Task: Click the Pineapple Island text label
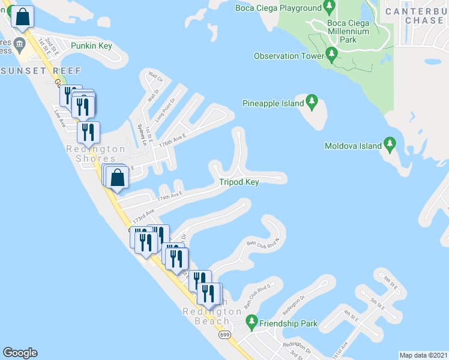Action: tap(273, 104)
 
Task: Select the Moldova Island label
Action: tap(353, 146)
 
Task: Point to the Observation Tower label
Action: tap(285, 56)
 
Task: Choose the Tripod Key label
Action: tap(239, 182)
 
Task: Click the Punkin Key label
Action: tap(92, 46)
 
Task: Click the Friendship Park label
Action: tap(288, 323)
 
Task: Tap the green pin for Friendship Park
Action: tap(252, 322)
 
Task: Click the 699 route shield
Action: tap(224, 334)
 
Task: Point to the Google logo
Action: tap(20, 353)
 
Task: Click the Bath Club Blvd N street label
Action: tap(264, 242)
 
